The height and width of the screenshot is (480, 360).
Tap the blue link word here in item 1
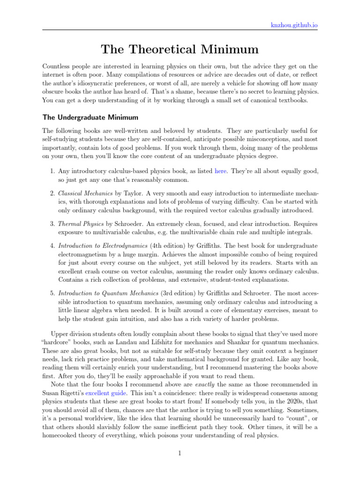(220, 171)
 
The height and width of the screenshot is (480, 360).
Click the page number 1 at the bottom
(180, 453)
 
